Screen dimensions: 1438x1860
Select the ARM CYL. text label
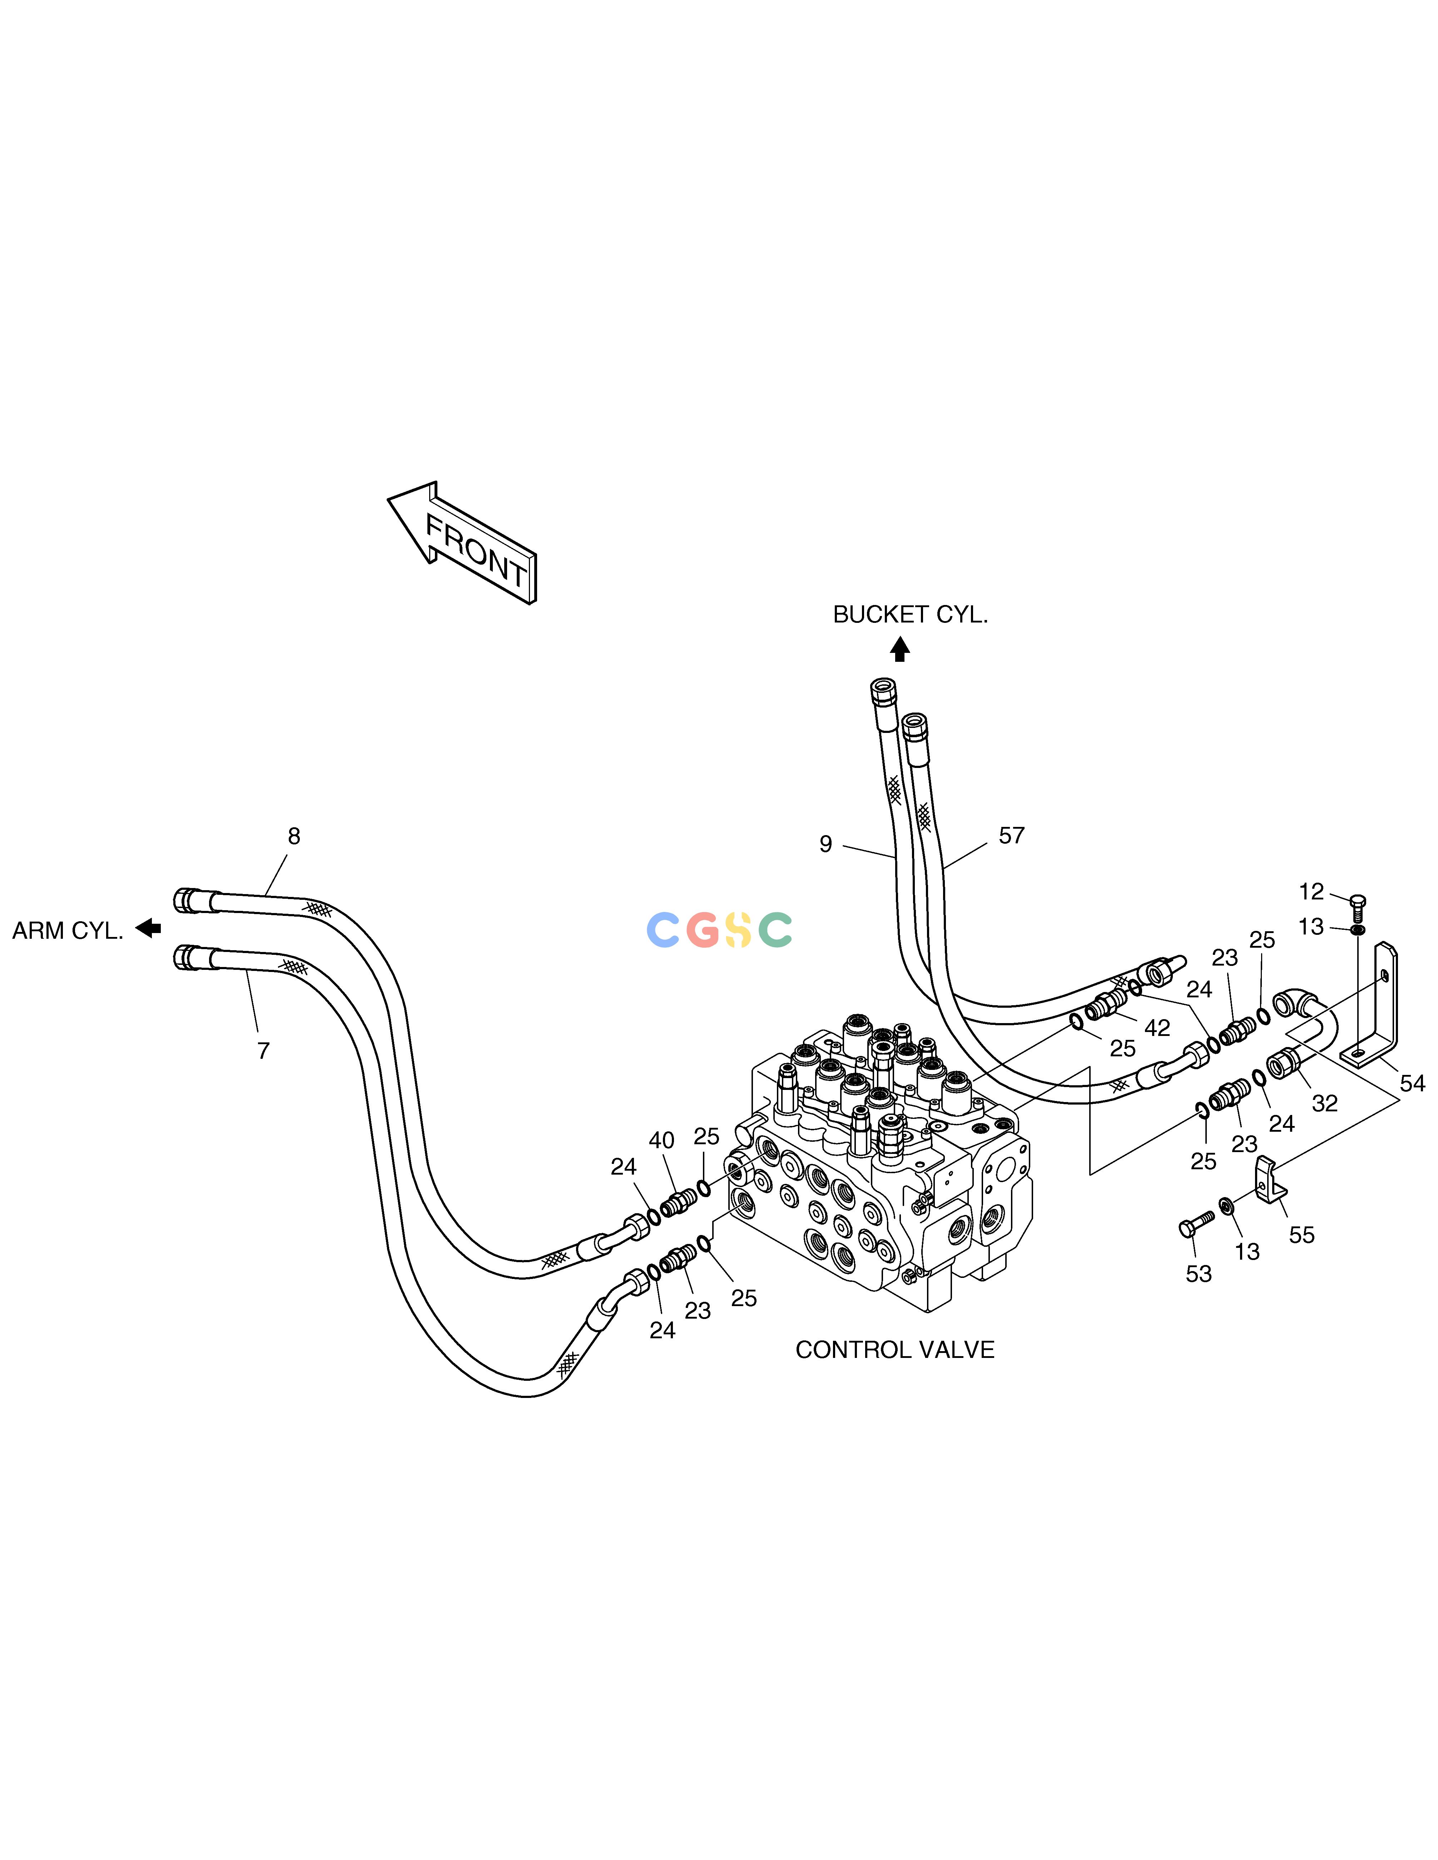[x=68, y=931]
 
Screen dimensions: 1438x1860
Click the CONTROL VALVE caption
[x=894, y=1350]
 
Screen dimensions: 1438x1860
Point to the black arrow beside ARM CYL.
[x=148, y=927]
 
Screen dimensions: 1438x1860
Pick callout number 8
[x=294, y=836]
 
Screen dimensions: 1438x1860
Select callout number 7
[x=263, y=1051]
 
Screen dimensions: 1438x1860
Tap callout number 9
[x=825, y=844]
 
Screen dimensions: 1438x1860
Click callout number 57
[x=1011, y=835]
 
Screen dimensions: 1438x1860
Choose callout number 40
[x=662, y=1140]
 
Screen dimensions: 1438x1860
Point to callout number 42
[x=1157, y=1028]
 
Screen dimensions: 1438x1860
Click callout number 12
[x=1311, y=892]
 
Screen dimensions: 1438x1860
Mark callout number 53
[x=1199, y=1274]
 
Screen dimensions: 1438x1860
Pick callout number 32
[x=1325, y=1104]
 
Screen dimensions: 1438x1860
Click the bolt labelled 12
[x=1359, y=907]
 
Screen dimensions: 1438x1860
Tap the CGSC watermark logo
[x=720, y=930]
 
